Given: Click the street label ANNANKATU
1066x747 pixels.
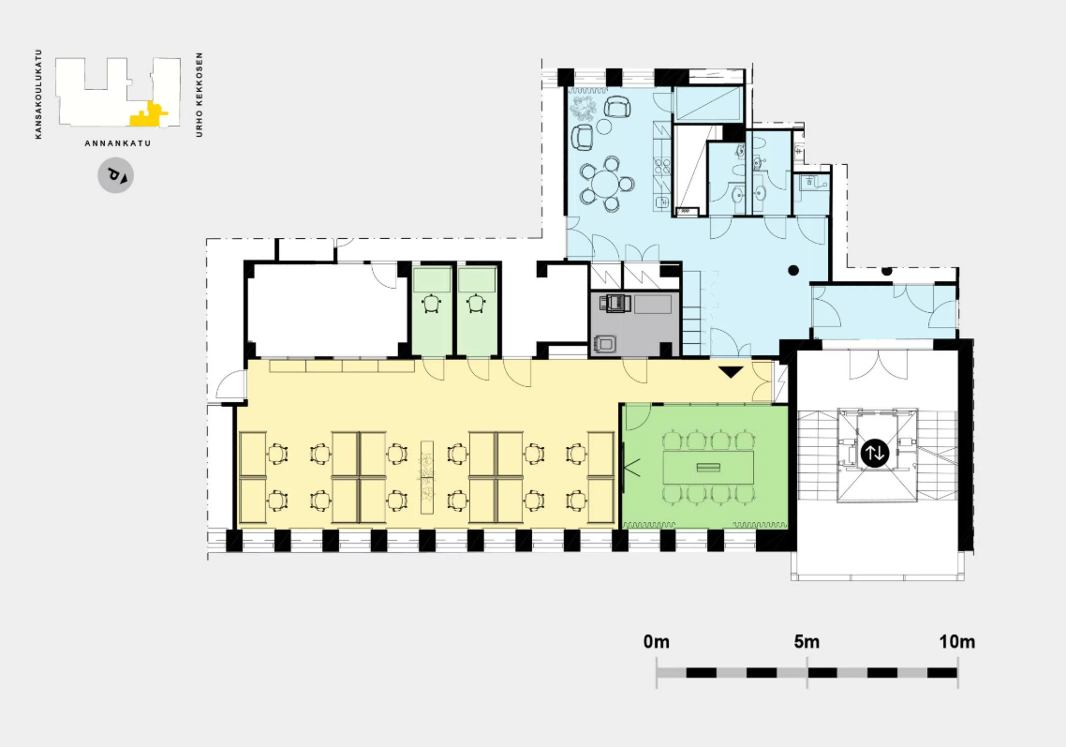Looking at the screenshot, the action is coord(118,143).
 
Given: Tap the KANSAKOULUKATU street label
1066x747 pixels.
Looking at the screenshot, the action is coord(38,94).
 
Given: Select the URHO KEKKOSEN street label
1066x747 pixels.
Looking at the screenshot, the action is coord(200,95).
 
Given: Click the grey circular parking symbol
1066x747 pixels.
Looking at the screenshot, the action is coord(115,175).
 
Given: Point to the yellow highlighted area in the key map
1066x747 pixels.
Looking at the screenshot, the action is coord(147,116).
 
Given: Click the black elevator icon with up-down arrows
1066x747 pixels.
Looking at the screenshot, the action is coord(874,453).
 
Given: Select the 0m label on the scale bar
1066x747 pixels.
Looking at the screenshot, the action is coord(656,641).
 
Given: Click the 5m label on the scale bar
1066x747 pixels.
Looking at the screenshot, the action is coord(807,641).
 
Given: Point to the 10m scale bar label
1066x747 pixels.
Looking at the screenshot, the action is coord(957,641).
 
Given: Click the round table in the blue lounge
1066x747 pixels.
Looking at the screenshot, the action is coord(605,183).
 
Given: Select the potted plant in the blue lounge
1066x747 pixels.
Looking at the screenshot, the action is coord(583,108).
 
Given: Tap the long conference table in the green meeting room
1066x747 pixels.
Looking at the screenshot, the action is coord(708,468).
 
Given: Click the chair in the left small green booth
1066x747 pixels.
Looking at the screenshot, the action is coord(432,303).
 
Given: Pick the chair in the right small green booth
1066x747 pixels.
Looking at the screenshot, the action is coord(477,303).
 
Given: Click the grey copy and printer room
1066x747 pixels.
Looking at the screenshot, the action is coord(635,324).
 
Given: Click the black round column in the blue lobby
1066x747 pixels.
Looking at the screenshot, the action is coord(793,270).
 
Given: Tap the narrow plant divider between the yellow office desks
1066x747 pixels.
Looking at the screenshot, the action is coord(427,477).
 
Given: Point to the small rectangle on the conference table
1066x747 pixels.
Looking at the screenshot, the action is coord(708,468).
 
